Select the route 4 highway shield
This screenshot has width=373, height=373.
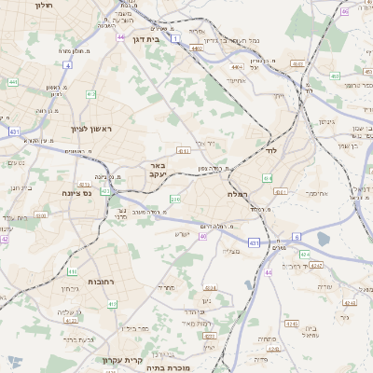click(68, 65)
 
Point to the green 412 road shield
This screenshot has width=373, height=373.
click(90, 95)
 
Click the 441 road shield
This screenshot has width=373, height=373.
click(13, 82)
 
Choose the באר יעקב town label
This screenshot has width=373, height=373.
click(158, 170)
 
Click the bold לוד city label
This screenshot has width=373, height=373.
click(271, 149)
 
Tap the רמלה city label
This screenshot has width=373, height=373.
click(235, 193)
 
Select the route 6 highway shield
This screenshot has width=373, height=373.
click(297, 237)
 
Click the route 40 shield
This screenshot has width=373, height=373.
click(202, 236)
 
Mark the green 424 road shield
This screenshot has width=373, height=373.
click(305, 253)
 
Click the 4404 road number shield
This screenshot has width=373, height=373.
click(238, 67)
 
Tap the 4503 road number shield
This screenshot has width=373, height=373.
click(297, 64)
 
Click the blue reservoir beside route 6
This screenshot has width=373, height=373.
click(323, 239)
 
